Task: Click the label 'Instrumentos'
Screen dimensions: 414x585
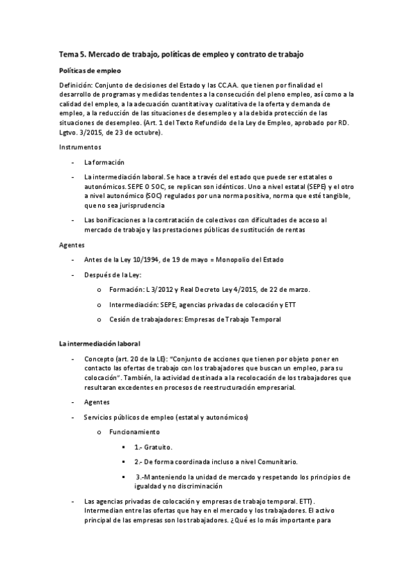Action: coord(79,147)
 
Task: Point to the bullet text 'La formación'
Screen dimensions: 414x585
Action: coord(104,162)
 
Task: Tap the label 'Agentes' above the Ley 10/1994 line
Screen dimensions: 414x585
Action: coord(72,244)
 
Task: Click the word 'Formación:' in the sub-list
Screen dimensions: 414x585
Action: coord(129,289)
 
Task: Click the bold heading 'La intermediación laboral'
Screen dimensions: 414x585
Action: coord(100,343)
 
